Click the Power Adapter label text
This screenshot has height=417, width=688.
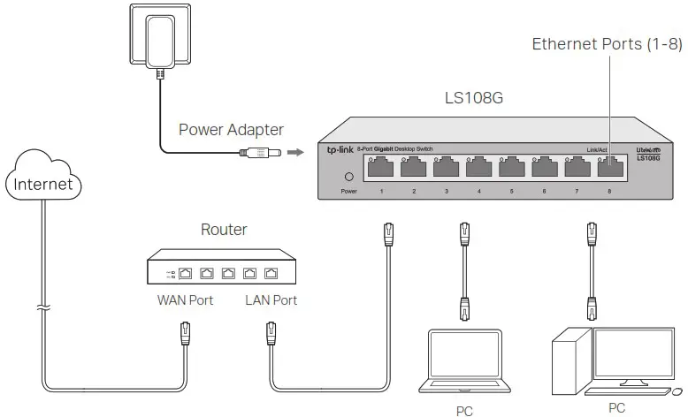click(231, 130)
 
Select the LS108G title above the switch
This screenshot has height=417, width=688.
click(473, 97)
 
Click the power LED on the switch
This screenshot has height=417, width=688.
click(348, 176)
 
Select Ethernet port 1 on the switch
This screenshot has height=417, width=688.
click(381, 168)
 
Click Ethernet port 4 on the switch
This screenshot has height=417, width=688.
click(478, 168)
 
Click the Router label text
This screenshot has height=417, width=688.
click(224, 230)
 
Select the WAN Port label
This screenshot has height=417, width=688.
click(185, 300)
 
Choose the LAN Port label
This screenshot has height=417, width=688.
click(271, 300)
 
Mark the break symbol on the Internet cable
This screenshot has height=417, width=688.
click(43, 310)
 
